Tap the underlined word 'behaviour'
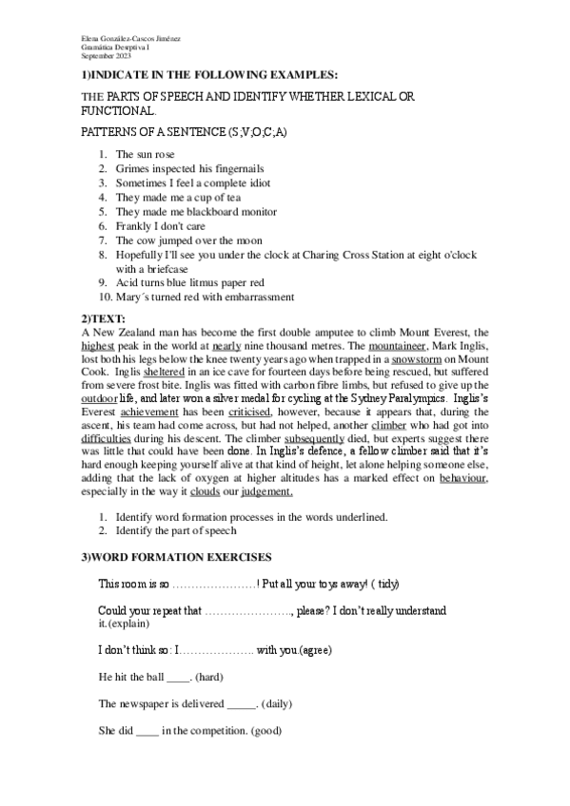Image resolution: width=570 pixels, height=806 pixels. (x=463, y=480)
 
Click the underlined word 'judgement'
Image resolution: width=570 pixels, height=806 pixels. (x=265, y=492)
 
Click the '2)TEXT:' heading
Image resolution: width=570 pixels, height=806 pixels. (x=103, y=318)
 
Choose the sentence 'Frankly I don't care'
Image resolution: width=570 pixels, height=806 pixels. (x=161, y=226)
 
